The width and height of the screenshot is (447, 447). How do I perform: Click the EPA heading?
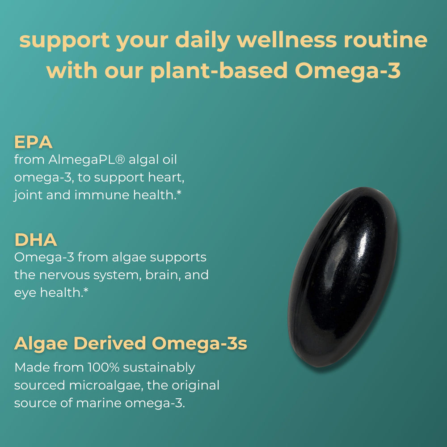click(34, 143)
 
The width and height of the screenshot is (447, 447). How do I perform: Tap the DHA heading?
click(36, 240)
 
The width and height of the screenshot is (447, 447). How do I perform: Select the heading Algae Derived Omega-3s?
click(131, 344)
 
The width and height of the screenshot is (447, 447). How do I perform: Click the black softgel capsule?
click(343, 277)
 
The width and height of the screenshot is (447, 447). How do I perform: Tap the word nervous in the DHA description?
click(68, 275)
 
